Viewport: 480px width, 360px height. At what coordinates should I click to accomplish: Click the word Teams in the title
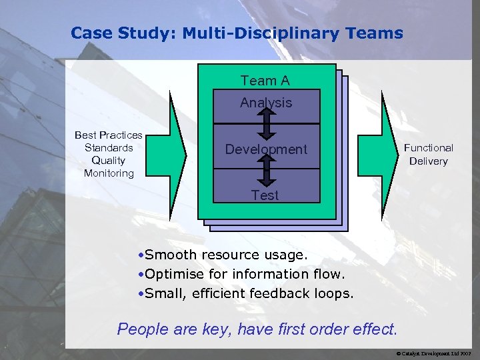point(375,33)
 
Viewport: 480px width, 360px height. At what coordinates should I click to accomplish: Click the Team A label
point(265,81)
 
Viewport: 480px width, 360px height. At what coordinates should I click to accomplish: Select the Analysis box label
point(266,103)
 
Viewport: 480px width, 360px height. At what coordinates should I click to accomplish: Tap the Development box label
point(266,149)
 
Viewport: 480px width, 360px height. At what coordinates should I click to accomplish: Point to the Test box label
point(265,195)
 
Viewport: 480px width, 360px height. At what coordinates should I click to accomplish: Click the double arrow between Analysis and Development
point(266,121)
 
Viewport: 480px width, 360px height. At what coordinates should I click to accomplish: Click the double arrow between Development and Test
point(266,169)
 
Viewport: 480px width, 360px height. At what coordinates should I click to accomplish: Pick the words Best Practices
point(109,135)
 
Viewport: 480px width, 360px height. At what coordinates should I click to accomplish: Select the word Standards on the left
point(109,147)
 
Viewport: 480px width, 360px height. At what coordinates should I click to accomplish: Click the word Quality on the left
point(109,160)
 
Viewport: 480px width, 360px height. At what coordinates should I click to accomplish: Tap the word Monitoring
point(109,173)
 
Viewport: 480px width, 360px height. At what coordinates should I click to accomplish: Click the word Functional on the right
point(428,148)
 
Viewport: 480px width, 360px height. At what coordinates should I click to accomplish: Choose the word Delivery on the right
point(428,161)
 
